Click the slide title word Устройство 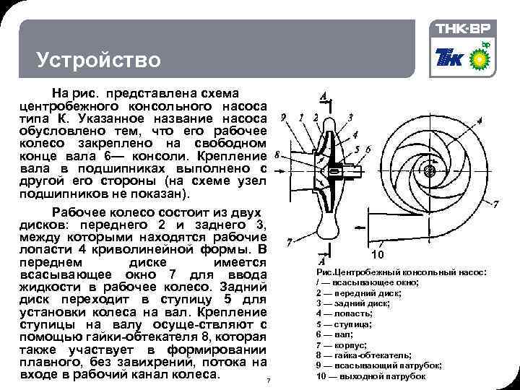click(99, 59)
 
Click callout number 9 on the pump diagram click(284, 117)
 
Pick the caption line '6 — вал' click(335, 334)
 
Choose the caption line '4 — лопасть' click(344, 313)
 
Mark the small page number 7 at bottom click(268, 381)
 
